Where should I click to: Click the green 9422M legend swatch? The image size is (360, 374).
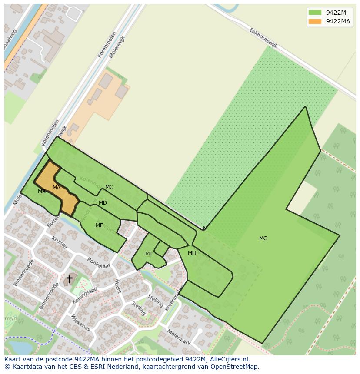315,12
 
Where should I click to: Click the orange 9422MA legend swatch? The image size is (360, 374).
315,21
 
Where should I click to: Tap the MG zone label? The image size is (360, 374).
263,238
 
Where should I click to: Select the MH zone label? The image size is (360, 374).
192,253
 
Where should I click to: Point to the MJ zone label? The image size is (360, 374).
149,254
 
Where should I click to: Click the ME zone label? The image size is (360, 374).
100,225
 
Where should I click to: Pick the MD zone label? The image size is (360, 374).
103,203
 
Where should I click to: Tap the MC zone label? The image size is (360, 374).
109,187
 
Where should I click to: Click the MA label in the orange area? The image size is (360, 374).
57,188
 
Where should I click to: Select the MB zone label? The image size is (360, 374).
42,192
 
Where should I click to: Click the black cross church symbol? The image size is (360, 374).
69,279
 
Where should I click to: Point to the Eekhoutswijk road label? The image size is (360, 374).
263,39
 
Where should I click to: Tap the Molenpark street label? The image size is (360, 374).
179,337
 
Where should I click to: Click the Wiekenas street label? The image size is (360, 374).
81,323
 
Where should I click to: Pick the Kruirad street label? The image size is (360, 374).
60,243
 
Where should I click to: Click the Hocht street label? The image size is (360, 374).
117,286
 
